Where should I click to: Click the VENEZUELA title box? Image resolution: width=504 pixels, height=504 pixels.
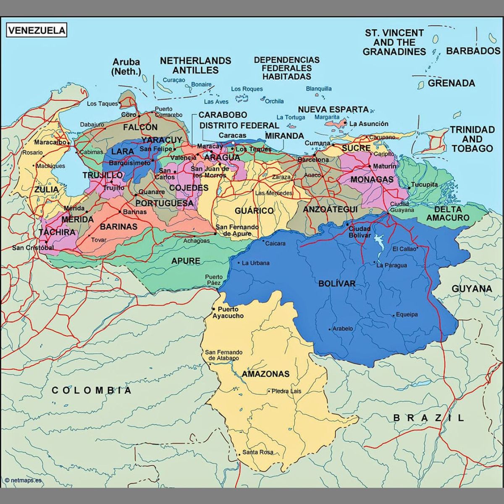tap(37, 30)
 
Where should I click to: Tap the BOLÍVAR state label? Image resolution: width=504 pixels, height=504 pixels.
tap(337, 283)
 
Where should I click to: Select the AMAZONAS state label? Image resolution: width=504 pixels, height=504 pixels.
tap(265, 374)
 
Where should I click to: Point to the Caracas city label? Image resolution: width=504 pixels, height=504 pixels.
tap(232, 135)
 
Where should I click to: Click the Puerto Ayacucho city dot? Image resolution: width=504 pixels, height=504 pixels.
tap(213, 309)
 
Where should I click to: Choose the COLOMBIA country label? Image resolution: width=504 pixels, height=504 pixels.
tap(92, 391)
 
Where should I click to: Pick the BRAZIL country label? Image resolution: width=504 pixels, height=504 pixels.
tap(428, 417)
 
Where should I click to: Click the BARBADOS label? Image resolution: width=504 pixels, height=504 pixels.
tap(473, 51)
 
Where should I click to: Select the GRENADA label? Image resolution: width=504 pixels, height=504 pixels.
tap(451, 83)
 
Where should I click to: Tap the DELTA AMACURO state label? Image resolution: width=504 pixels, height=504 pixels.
tap(448, 213)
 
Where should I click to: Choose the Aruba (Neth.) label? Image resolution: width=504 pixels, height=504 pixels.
tap(126, 67)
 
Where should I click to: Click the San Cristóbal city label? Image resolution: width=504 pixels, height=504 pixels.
tap(33, 248)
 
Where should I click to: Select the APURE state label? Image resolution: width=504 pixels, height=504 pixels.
tap(186, 261)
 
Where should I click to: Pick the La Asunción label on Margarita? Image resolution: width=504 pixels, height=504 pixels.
tap(369, 124)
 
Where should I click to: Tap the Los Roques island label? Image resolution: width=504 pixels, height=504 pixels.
tap(247, 89)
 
